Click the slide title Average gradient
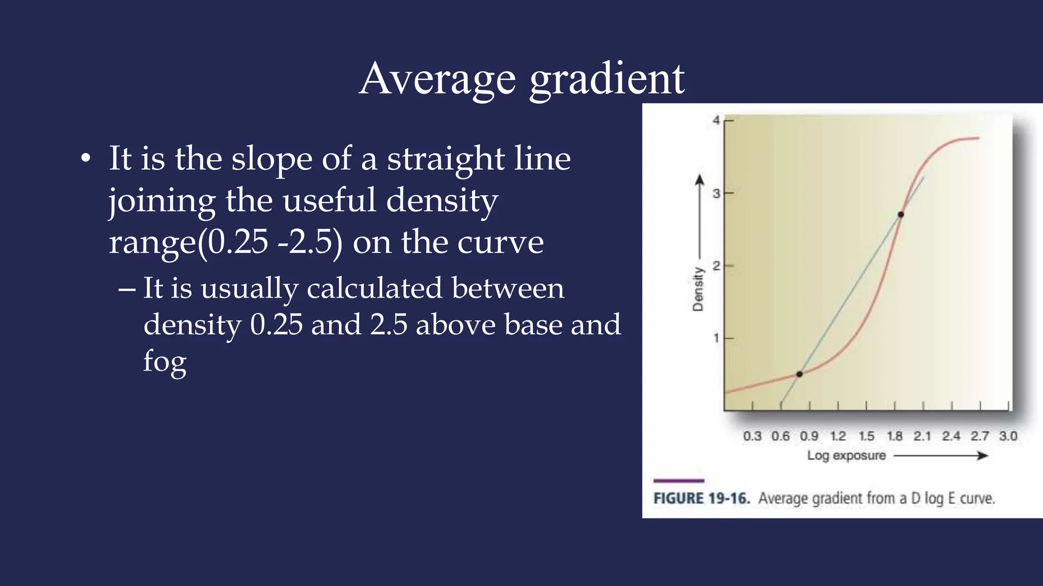(521, 79)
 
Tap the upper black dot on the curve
(900, 215)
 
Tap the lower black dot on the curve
(799, 374)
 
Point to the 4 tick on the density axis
(717, 121)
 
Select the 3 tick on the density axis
(717, 193)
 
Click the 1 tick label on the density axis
(716, 338)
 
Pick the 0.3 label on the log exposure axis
(752, 436)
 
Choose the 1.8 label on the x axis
(894, 436)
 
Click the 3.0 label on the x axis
(1008, 436)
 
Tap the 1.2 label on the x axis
(837, 436)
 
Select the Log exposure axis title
(846, 455)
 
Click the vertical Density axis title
(698, 288)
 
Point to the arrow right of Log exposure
(941, 455)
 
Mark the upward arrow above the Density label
(700, 214)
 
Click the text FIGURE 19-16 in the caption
(701, 498)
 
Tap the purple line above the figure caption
(678, 480)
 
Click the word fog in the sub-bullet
(164, 362)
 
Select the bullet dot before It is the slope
(86, 159)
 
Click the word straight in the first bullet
(445, 159)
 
